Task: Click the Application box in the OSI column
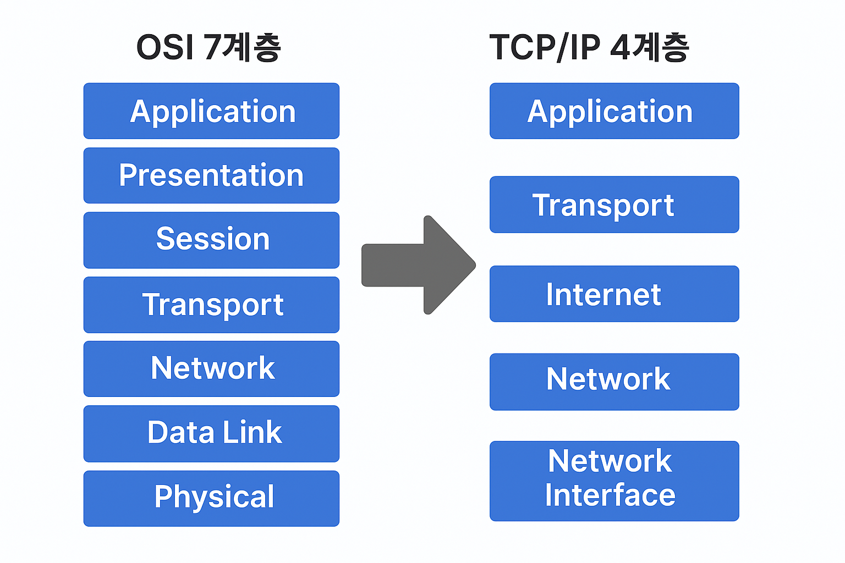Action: click(211, 111)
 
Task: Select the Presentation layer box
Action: click(211, 175)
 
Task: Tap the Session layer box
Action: click(211, 240)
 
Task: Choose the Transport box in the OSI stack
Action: click(211, 305)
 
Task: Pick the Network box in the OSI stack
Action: click(211, 368)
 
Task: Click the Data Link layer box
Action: click(211, 433)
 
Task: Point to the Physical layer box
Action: click(211, 498)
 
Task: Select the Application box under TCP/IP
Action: click(614, 111)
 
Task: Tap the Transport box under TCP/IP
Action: click(614, 205)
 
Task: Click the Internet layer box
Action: click(614, 294)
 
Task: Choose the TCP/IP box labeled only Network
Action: click(614, 382)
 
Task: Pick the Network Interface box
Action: click(614, 481)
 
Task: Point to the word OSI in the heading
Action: click(164, 47)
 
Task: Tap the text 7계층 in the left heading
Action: click(242, 47)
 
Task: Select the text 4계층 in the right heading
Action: click(649, 47)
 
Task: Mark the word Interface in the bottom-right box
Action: click(610, 495)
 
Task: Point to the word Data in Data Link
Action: click(180, 432)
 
